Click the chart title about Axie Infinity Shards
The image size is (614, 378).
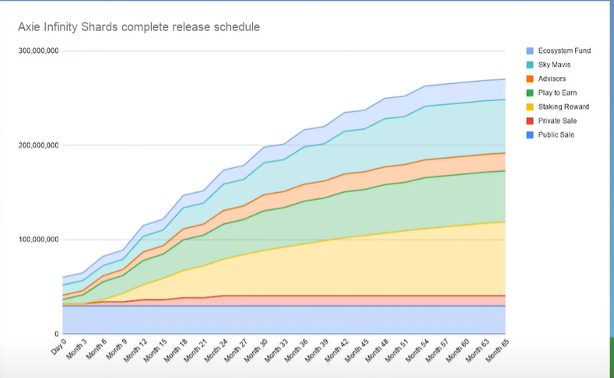tap(139, 27)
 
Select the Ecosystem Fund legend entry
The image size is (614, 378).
tap(564, 51)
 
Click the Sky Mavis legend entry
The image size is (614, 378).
tap(555, 65)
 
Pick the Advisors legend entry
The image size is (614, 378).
tap(553, 79)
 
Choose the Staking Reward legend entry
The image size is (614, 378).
tap(563, 107)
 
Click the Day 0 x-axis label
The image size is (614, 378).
tap(58, 348)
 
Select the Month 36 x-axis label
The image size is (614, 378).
tap(303, 352)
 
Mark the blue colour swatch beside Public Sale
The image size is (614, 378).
tap(529, 135)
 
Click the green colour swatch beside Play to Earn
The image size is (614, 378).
tap(529, 93)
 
